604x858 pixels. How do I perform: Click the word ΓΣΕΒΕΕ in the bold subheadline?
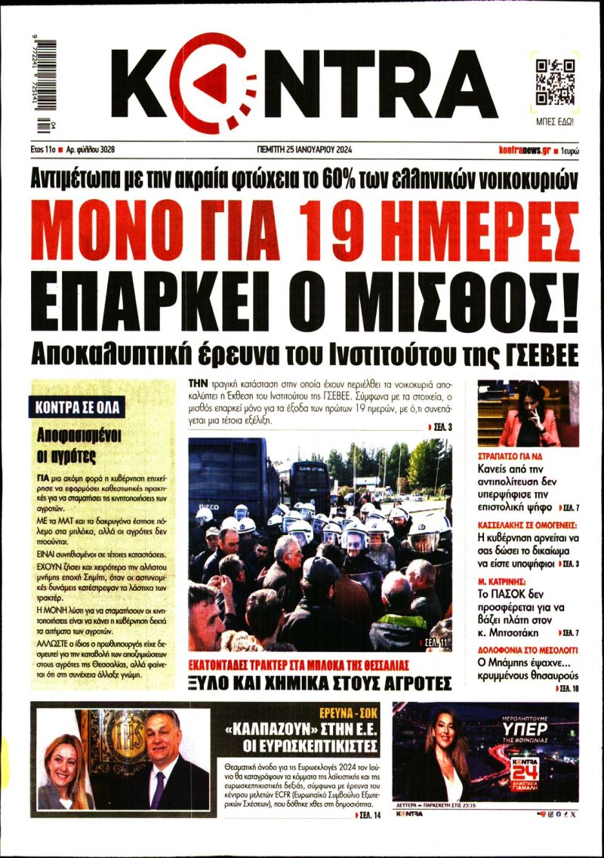point(534,353)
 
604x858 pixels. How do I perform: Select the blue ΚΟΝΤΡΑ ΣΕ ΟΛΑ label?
point(79,408)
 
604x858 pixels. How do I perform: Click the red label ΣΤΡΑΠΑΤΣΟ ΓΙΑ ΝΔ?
point(511,457)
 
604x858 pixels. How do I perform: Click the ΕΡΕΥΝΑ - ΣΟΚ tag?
point(344,712)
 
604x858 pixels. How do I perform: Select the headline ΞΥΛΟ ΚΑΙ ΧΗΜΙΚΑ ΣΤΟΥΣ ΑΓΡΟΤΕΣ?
point(319,684)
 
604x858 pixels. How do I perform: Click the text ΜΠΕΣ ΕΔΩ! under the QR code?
point(555,121)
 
